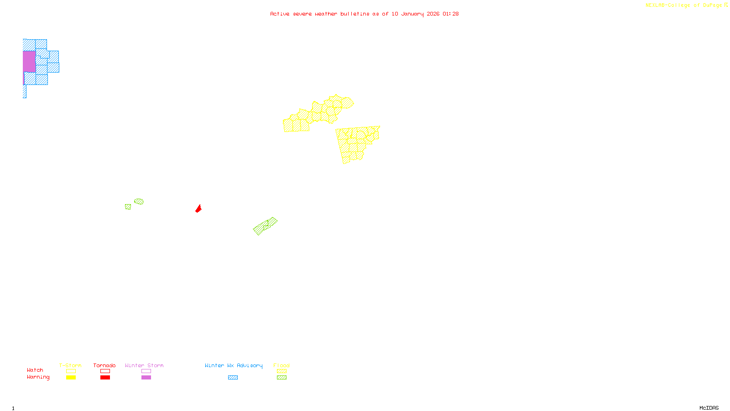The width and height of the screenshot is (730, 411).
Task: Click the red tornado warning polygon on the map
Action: pyautogui.click(x=198, y=209)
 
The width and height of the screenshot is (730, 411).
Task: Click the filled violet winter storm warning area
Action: pyautogui.click(x=29, y=61)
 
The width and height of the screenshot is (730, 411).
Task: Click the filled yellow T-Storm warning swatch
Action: pyautogui.click(x=71, y=377)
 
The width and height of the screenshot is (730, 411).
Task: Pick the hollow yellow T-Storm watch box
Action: pyautogui.click(x=71, y=371)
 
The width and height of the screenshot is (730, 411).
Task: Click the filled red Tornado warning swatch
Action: pyautogui.click(x=105, y=377)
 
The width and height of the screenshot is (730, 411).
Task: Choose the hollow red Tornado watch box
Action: pyautogui.click(x=105, y=371)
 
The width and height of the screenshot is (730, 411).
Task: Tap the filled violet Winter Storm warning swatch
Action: pyautogui.click(x=146, y=377)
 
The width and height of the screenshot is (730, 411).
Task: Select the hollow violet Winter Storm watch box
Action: pyautogui.click(x=146, y=371)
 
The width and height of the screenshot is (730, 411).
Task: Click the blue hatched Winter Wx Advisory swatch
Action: pyautogui.click(x=233, y=377)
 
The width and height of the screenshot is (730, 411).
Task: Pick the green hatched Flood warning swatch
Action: pyautogui.click(x=282, y=377)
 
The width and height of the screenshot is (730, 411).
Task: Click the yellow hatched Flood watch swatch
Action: pyautogui.click(x=282, y=371)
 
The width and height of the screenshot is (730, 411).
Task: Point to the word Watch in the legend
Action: pyautogui.click(x=35, y=370)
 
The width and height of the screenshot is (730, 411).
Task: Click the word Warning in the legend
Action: pyautogui.click(x=38, y=377)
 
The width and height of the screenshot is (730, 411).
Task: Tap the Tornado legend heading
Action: pyautogui.click(x=104, y=365)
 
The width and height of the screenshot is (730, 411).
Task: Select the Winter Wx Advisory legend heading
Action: pyautogui.click(x=234, y=365)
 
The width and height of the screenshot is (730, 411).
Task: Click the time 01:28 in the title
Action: pyautogui.click(x=450, y=14)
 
